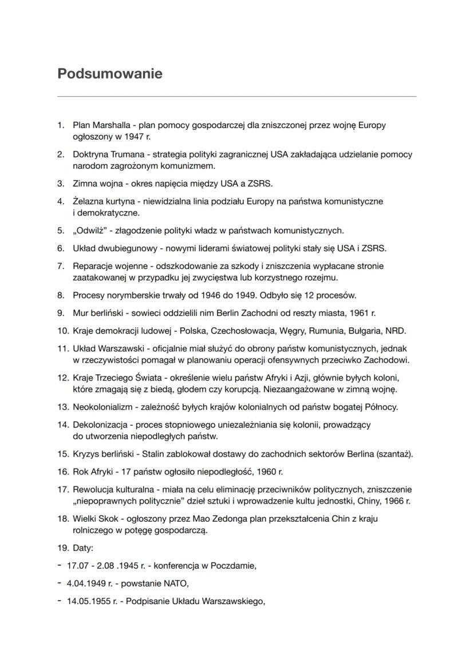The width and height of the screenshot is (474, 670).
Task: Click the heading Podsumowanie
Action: click(110, 74)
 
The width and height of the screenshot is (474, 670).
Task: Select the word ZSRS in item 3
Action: click(260, 184)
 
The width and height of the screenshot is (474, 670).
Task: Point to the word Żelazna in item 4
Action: click(88, 201)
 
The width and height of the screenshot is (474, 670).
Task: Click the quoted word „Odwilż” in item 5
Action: click(90, 231)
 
